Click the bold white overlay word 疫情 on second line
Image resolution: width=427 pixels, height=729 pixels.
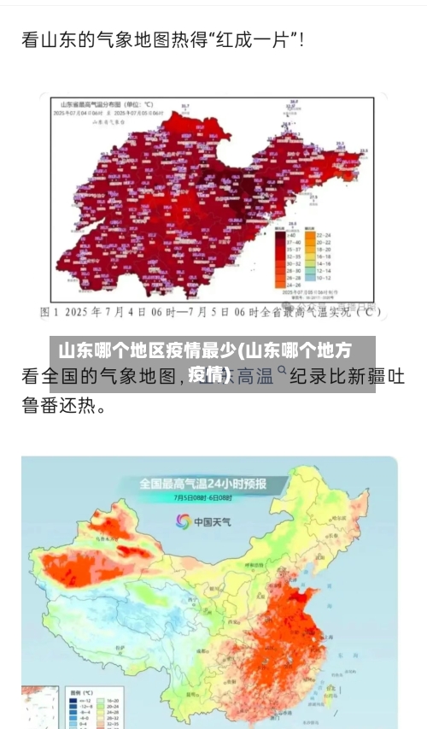click(206, 373)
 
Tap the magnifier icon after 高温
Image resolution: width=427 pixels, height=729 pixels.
click(283, 372)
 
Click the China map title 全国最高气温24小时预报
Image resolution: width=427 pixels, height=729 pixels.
click(202, 484)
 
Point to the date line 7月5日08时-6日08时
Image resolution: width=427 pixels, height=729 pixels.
click(202, 497)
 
